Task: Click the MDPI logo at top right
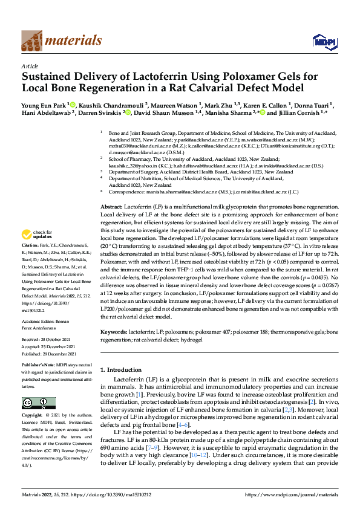pyautogui.click(x=321, y=41)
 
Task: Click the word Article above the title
pyautogui.click(x=30, y=66)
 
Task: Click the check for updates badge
pyautogui.click(x=38, y=235)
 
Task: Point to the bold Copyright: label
pyautogui.click(x=33, y=417)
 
